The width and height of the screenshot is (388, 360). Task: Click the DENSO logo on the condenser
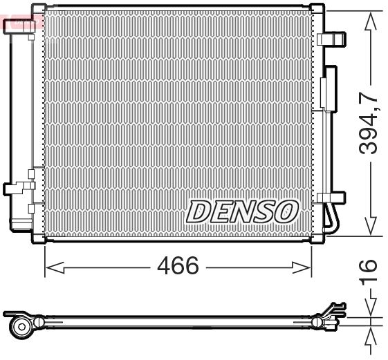pyautogui.click(x=241, y=211)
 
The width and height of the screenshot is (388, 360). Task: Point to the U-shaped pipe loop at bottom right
pyautogui.click(x=333, y=220)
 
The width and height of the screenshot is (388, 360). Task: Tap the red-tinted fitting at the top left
pyautogui.click(x=19, y=25)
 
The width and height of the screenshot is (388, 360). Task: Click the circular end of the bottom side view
pyautogui.click(x=21, y=325)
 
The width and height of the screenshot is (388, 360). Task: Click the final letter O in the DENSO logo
pyautogui.click(x=286, y=211)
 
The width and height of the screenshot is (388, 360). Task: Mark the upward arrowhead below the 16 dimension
pyautogui.click(x=371, y=338)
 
